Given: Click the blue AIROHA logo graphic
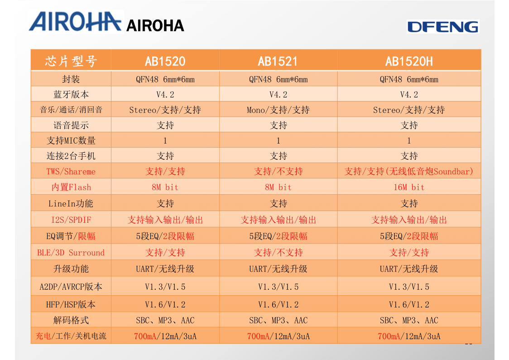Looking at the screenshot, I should (x=76, y=21).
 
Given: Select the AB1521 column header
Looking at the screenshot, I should (x=278, y=61).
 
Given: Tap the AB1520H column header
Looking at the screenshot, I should (x=409, y=61).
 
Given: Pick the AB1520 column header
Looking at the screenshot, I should (x=165, y=61).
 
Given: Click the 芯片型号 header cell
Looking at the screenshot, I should (x=71, y=61).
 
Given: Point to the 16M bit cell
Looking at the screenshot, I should (x=409, y=187).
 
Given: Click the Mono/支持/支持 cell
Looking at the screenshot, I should (x=278, y=110).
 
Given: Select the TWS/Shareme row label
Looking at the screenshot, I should (x=71, y=172).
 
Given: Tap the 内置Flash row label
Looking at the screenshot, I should (x=71, y=187).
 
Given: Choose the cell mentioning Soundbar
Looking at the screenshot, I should (x=409, y=172).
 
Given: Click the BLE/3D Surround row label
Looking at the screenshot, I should (x=71, y=253).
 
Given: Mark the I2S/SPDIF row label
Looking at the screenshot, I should (x=71, y=220).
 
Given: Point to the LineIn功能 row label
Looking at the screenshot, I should (x=71, y=204).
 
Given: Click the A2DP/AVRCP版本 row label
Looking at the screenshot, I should (x=71, y=287).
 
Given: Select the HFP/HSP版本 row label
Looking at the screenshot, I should (x=71, y=304).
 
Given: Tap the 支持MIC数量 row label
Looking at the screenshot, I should (x=71, y=141).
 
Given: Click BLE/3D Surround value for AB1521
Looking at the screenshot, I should (x=278, y=253).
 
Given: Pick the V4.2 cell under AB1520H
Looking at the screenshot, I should (x=409, y=95).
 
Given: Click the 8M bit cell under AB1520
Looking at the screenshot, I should (x=165, y=187).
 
